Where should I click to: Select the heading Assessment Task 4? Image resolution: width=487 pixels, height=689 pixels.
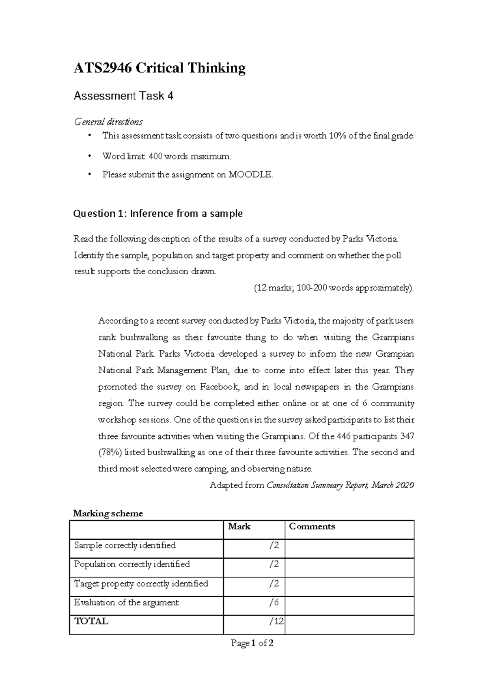click(123, 96)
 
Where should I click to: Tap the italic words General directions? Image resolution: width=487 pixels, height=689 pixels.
click(108, 121)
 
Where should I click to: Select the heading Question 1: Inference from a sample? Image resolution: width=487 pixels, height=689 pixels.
click(157, 213)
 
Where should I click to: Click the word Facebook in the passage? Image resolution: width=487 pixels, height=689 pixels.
click(220, 387)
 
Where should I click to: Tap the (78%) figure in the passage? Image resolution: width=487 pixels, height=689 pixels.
click(110, 452)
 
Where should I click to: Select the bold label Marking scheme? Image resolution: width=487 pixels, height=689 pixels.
click(108, 513)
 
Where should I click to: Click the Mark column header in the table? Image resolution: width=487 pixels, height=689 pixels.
click(239, 527)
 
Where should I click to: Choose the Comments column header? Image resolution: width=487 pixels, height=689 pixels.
click(312, 527)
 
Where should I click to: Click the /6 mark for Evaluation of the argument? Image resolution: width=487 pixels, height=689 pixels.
click(274, 603)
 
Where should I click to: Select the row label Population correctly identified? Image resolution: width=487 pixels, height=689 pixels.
click(132, 564)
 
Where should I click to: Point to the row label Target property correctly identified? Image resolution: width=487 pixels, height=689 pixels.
click(141, 583)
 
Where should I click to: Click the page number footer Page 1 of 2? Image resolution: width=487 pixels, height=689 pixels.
click(252, 643)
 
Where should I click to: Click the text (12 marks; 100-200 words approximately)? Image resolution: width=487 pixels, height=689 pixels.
click(334, 288)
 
